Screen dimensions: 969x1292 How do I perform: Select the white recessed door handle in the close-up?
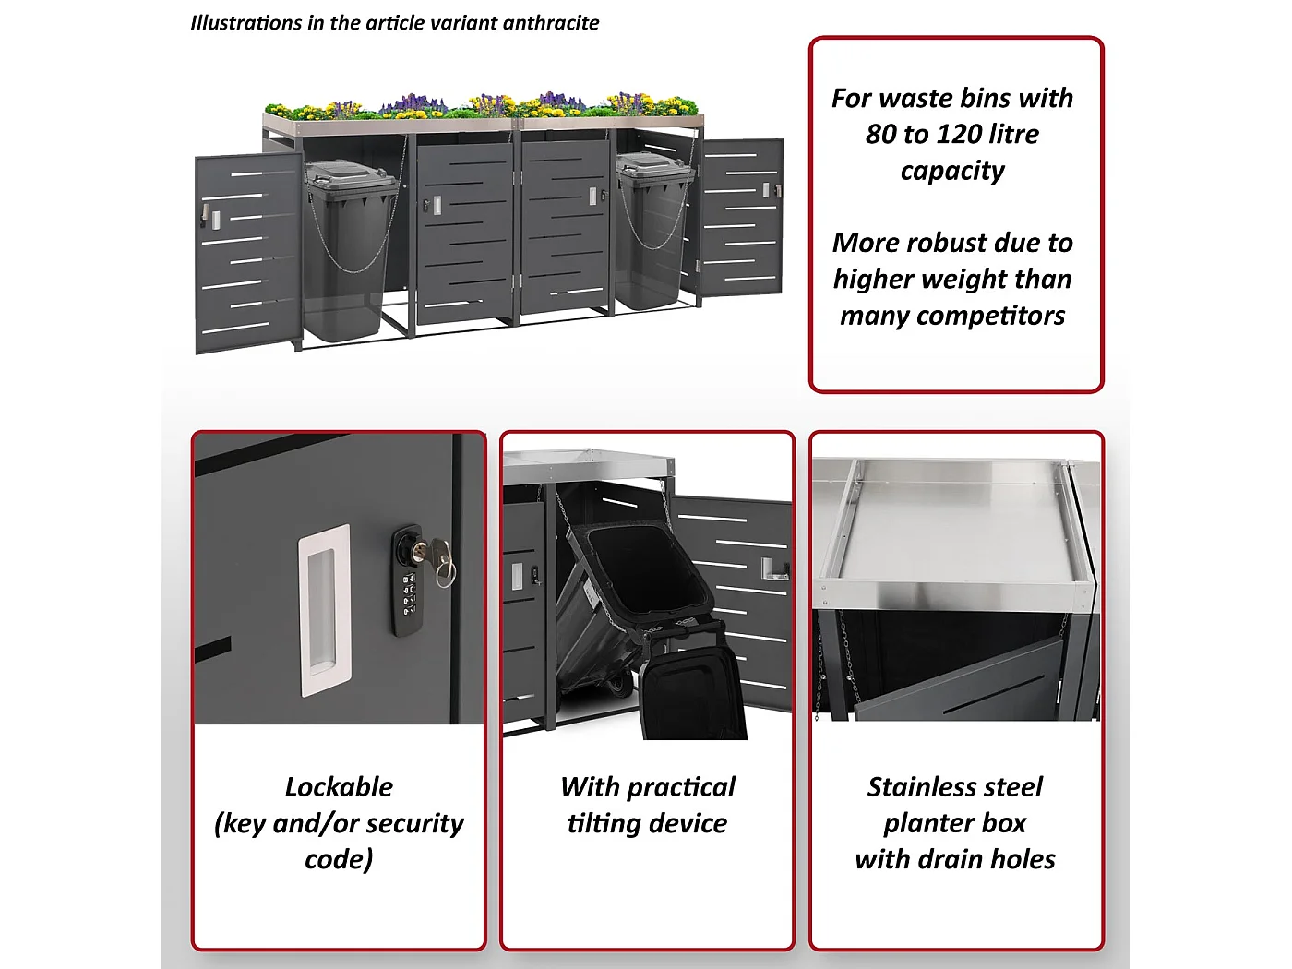pos(324,610)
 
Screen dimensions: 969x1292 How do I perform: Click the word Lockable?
pos(339,786)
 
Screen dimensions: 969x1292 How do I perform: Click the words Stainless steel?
pos(954,786)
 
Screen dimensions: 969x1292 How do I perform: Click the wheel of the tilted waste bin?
pos(616,684)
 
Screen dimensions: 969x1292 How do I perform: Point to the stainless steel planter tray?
pos(955,526)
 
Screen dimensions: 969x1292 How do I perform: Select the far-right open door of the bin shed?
pos(742,217)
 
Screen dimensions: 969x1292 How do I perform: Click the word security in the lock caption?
pos(412,823)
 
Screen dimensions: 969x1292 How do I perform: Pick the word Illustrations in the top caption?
pos(245,23)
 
